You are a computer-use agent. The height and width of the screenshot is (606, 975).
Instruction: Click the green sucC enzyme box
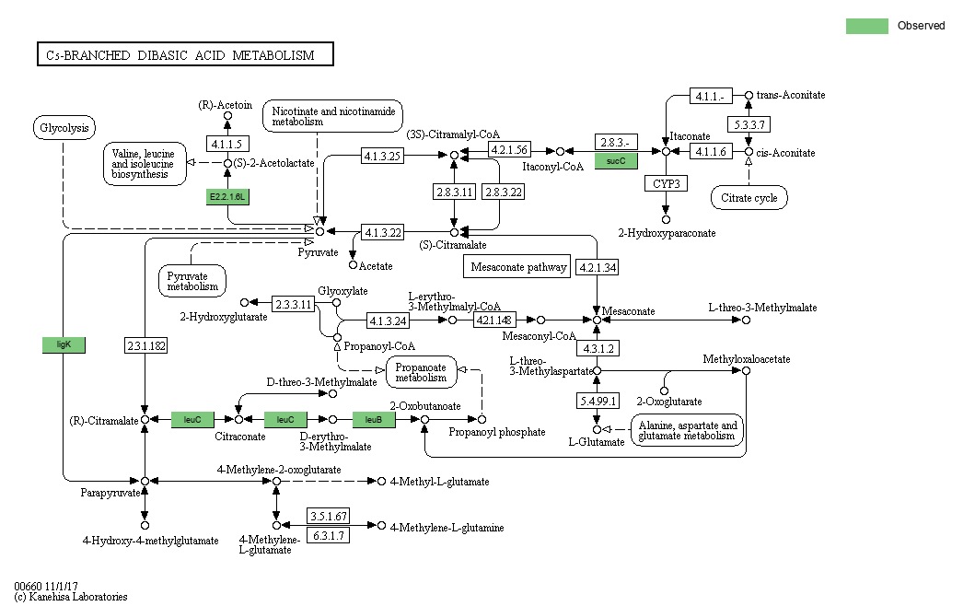click(x=616, y=161)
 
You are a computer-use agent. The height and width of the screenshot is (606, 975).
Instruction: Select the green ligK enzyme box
click(x=64, y=344)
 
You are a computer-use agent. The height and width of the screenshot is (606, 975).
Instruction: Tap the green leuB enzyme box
click(x=374, y=420)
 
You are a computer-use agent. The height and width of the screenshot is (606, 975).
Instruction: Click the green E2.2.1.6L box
click(x=227, y=197)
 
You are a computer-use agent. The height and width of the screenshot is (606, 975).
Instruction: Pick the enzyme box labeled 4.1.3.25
click(x=382, y=156)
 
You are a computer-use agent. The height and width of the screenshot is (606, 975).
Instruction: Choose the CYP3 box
click(x=666, y=183)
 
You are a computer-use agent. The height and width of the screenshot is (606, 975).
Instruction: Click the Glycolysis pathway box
click(x=64, y=128)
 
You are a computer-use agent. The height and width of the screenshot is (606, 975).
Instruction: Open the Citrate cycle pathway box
click(x=749, y=198)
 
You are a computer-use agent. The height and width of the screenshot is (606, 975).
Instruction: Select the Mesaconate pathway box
click(x=517, y=266)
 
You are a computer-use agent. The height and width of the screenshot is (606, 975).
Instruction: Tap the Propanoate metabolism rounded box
click(x=421, y=372)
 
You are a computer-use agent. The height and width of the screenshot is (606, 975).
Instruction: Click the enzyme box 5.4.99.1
click(x=598, y=401)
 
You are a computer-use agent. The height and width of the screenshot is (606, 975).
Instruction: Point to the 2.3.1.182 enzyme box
click(x=146, y=345)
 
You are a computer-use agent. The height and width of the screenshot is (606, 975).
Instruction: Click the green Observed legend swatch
click(x=866, y=26)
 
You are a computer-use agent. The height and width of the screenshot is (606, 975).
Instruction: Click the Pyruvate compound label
click(x=318, y=252)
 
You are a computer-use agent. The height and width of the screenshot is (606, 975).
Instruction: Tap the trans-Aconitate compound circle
click(x=749, y=95)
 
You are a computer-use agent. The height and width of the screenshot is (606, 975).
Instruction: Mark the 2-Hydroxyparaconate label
click(x=667, y=233)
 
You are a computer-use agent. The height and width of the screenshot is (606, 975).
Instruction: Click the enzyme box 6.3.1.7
click(x=329, y=535)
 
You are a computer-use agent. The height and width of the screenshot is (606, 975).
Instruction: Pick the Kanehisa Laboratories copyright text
click(x=71, y=597)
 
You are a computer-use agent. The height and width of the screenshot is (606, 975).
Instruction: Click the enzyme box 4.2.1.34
click(x=598, y=267)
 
